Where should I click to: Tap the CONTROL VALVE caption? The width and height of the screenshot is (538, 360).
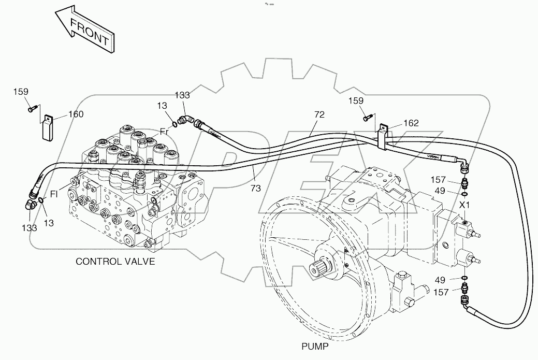(x=115, y=261)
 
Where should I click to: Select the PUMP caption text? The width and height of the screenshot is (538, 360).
(x=315, y=347)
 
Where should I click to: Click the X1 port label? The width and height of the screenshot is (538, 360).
(x=465, y=205)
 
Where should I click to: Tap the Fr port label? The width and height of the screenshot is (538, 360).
(x=164, y=132)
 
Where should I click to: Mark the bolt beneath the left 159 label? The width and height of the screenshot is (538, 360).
(x=32, y=108)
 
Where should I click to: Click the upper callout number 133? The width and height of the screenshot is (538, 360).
(x=182, y=95)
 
